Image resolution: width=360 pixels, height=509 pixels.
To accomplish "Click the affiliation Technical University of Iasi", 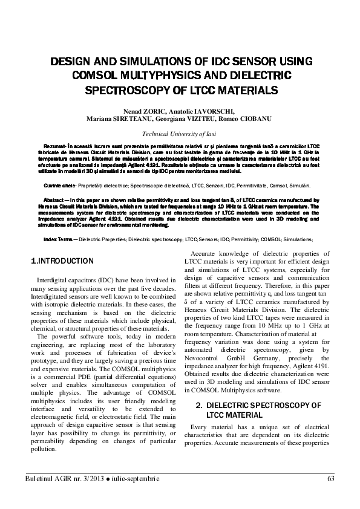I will coord(180,134).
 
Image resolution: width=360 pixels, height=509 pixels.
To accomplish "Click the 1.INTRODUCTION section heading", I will coord(62,261).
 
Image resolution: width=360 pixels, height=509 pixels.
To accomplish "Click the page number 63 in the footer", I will coord(330,479).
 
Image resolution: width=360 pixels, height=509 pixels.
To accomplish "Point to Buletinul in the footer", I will coord(40,479).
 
